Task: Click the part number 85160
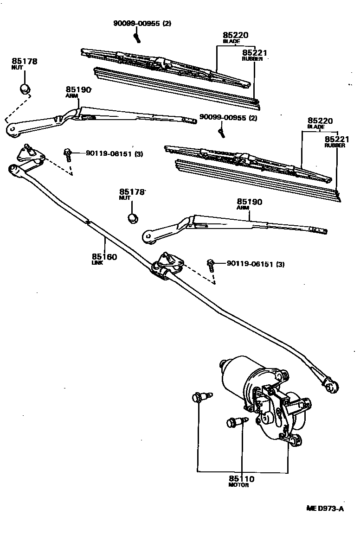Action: [x=104, y=256]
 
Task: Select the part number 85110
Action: [x=241, y=479]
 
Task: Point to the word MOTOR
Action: [x=239, y=485]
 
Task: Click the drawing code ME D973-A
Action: [x=324, y=509]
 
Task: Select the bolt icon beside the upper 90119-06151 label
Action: [x=68, y=153]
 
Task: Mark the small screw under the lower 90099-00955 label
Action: [x=221, y=132]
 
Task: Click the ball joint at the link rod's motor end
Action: [x=331, y=386]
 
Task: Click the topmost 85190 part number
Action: [x=78, y=89]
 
